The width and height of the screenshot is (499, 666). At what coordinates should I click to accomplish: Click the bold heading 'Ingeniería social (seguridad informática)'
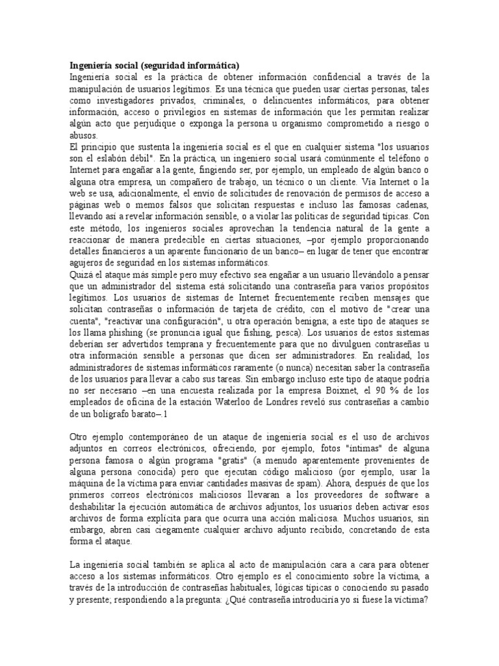pyautogui.click(x=155, y=65)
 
